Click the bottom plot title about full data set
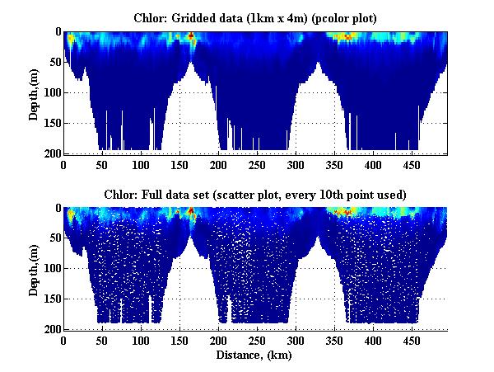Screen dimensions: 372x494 [255, 194]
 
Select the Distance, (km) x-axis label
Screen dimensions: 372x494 [255, 356]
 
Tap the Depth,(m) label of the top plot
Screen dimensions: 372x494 [34, 93]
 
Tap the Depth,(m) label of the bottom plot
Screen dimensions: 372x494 [34, 269]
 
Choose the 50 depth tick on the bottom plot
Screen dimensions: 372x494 [54, 238]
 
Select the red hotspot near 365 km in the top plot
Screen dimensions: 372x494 [347, 37]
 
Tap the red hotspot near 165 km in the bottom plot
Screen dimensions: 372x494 [191, 212]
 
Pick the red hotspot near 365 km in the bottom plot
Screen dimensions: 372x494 [347, 213]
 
